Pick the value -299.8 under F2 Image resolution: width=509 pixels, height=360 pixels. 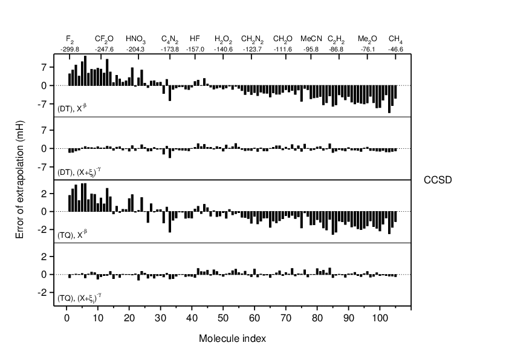coord(70,49)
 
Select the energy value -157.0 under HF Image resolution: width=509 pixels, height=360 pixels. coord(195,49)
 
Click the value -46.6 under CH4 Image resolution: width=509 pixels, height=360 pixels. coord(395,49)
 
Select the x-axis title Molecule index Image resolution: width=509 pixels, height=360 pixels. coord(232,338)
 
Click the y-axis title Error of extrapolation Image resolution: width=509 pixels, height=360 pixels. coord(20,180)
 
